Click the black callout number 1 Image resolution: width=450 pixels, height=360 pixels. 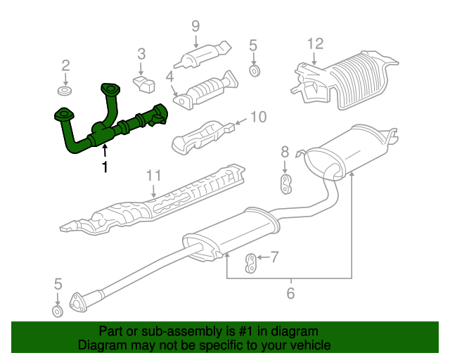click(105, 167)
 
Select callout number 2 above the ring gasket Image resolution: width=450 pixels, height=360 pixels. click(65, 65)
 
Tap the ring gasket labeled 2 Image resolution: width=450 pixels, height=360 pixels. click(65, 91)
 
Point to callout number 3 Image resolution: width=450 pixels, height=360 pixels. click(141, 54)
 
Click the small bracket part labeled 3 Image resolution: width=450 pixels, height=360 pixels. click(144, 84)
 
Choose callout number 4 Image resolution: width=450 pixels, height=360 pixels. click(170, 77)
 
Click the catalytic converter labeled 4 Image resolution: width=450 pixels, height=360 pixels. click(205, 91)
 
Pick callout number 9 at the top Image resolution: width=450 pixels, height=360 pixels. click(195, 26)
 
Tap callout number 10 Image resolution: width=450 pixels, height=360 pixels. click(259, 117)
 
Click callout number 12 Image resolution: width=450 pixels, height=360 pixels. click(316, 44)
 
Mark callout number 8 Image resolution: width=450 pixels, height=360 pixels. click(285, 152)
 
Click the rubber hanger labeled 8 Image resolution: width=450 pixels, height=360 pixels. click(285, 184)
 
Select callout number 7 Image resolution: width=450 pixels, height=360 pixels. click(275, 257)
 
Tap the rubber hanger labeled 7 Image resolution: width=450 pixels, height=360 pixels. click(251, 263)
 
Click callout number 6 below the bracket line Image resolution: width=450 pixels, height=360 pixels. click(290, 293)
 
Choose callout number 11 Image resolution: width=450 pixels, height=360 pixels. click(154, 175)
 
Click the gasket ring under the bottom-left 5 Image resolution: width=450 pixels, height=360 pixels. click(58, 311)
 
